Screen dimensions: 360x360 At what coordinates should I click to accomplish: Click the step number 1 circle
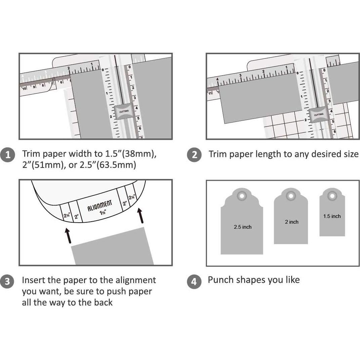point(7,155)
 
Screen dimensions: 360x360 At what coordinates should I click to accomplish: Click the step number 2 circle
point(194,155)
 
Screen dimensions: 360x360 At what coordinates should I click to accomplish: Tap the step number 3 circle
point(7,281)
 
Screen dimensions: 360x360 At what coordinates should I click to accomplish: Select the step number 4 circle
point(194,281)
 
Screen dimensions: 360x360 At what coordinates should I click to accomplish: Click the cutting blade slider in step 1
point(124,112)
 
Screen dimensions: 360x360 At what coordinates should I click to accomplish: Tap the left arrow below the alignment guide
point(69,235)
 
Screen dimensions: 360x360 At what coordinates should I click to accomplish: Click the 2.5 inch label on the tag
point(242,227)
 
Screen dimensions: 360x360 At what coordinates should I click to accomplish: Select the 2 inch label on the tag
point(291,222)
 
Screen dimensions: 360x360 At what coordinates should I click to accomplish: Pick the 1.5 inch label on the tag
point(332,216)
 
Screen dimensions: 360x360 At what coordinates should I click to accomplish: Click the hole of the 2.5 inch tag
point(242,196)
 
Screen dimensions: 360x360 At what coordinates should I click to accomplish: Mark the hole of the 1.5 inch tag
point(332,195)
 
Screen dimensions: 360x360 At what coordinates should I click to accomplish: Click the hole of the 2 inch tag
point(291,196)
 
